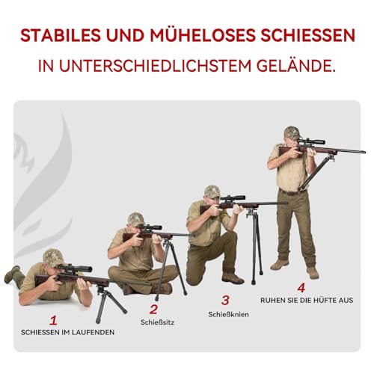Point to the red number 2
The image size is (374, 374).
[x=153, y=308]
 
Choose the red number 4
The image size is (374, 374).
[x=301, y=286]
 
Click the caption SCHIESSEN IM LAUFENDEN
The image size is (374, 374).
[x=68, y=332]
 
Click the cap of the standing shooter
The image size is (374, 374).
[x=292, y=132]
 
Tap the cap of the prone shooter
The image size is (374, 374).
[x=52, y=257]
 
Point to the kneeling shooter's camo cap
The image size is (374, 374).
[x=212, y=191]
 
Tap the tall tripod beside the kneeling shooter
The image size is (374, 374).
[x=255, y=243]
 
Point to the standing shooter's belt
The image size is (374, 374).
[x=293, y=191]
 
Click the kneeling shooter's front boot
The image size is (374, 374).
[x=233, y=278]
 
